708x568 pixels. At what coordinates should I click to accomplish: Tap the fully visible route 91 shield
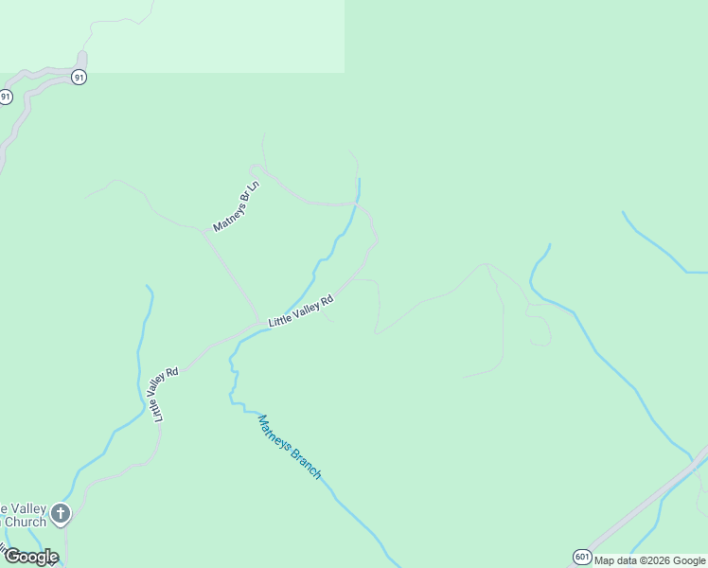click(80, 77)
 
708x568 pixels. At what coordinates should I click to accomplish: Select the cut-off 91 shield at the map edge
click(6, 97)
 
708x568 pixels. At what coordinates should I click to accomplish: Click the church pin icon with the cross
click(61, 514)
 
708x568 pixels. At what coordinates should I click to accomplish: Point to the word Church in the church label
click(26, 522)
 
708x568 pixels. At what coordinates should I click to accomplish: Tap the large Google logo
click(31, 556)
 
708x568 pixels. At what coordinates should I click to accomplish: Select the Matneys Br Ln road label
click(236, 206)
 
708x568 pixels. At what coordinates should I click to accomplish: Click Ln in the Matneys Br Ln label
click(252, 187)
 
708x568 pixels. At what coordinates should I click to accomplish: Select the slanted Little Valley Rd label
click(301, 311)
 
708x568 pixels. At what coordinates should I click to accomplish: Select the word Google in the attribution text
click(690, 560)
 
